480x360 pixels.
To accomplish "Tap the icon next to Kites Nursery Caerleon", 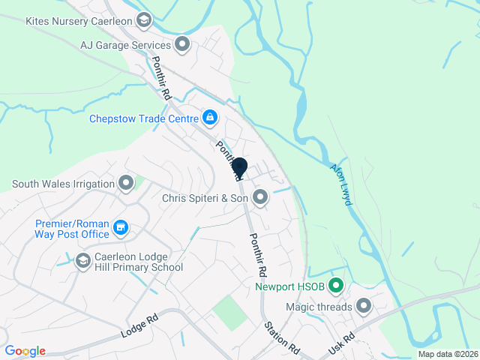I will tap(145, 19).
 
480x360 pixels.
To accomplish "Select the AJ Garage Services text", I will tap(127, 45).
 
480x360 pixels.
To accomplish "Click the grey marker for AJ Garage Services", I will tap(181, 45).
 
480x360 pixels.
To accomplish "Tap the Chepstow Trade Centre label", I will tap(143, 118).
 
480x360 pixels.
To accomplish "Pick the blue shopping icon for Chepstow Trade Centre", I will tap(210, 118).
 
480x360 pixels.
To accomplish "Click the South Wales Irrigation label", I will tap(62, 184).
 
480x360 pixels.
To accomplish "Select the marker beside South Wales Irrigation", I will tap(126, 183).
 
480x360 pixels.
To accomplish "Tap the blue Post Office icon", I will tap(120, 226).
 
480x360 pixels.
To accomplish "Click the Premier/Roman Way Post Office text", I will tap(72, 228).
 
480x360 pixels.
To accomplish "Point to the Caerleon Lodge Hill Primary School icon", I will tap(83, 259).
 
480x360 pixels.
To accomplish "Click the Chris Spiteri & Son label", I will tap(205, 198).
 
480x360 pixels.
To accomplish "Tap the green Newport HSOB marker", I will tap(336, 286).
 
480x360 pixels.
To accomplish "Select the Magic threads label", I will tap(319, 306).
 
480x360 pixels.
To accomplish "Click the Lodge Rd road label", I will tap(141, 328).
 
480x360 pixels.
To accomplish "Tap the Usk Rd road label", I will tap(340, 344).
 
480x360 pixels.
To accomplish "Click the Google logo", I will tap(25, 351).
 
